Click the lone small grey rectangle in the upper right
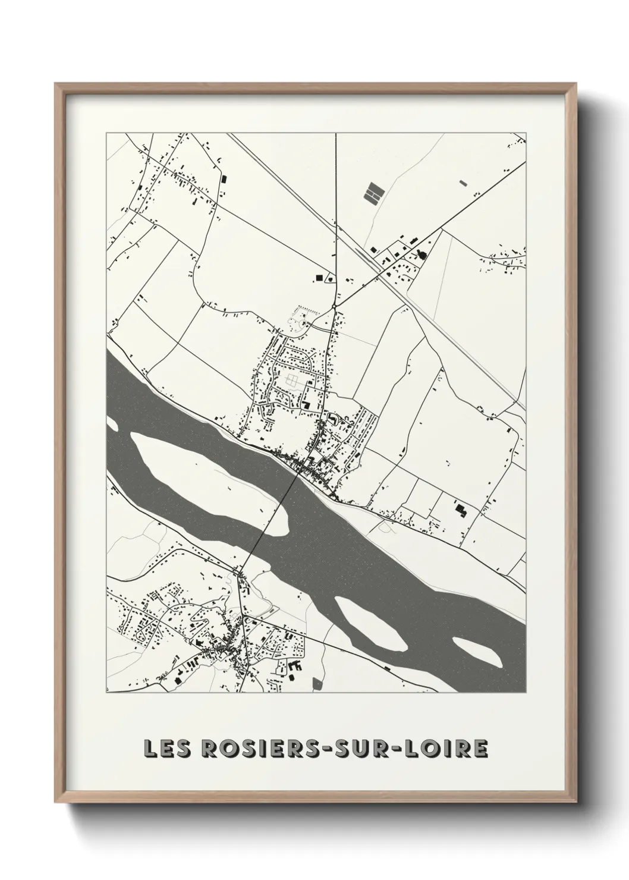[x=463, y=183]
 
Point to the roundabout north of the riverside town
[x=335, y=306]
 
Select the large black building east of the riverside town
[x=460, y=508]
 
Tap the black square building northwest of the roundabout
[x=319, y=277]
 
